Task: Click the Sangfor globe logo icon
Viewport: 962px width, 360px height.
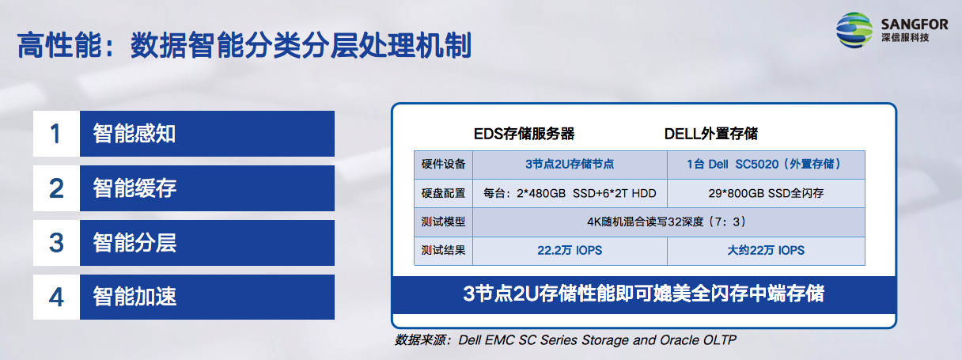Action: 854,30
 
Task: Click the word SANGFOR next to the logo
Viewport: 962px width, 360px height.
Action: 915,24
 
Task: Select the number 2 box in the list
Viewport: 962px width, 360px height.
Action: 57,188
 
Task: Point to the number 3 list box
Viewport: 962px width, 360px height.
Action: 57,243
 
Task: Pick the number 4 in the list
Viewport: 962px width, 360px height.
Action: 56,297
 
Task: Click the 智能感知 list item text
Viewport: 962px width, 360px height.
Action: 134,134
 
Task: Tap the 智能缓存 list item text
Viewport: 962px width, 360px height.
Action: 134,188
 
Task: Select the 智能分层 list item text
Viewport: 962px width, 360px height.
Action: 134,243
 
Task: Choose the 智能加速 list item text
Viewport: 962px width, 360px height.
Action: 134,297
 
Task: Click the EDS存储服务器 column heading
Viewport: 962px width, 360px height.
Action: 524,134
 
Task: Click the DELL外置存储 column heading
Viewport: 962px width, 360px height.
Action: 710,134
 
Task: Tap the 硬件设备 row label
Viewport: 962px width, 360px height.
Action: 443,164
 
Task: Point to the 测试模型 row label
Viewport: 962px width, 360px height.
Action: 443,222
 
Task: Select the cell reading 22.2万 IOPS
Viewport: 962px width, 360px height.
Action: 570,251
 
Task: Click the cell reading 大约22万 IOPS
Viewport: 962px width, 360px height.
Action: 766,251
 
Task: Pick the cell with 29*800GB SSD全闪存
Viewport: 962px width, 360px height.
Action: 766,193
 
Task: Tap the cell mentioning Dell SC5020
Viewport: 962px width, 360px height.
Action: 766,165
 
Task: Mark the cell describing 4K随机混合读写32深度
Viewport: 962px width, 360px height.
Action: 668,222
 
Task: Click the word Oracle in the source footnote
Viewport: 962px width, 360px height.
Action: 680,340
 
